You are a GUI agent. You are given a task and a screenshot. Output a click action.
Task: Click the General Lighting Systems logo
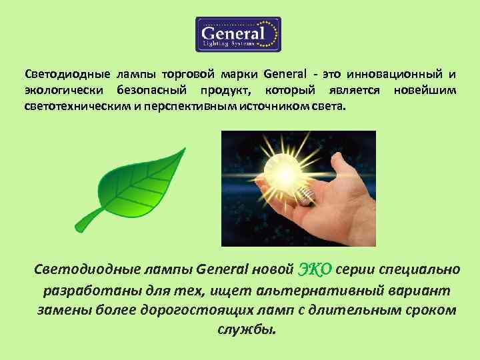point(238,35)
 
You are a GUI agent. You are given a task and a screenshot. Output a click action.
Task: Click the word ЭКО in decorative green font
point(315,269)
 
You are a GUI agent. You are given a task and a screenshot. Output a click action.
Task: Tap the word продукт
point(225,90)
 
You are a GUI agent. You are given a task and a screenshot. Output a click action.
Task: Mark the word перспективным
point(196,107)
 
